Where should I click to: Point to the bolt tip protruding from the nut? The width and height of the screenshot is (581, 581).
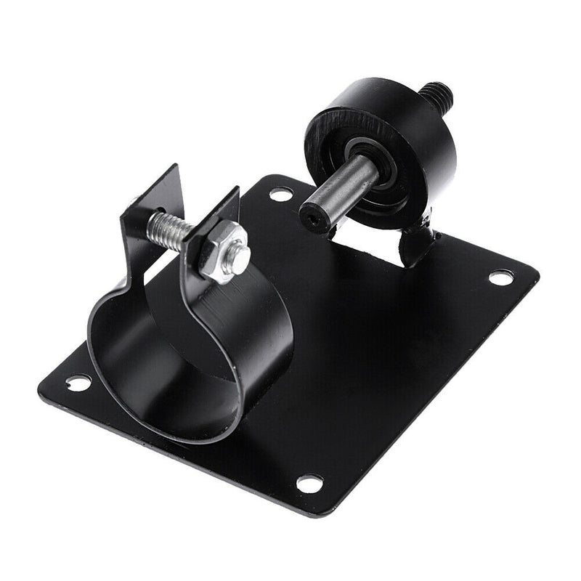click(x=239, y=256)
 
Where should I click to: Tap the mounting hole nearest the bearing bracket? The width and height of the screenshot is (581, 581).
click(x=500, y=277)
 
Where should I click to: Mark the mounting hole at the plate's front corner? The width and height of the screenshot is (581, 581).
click(x=309, y=482)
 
